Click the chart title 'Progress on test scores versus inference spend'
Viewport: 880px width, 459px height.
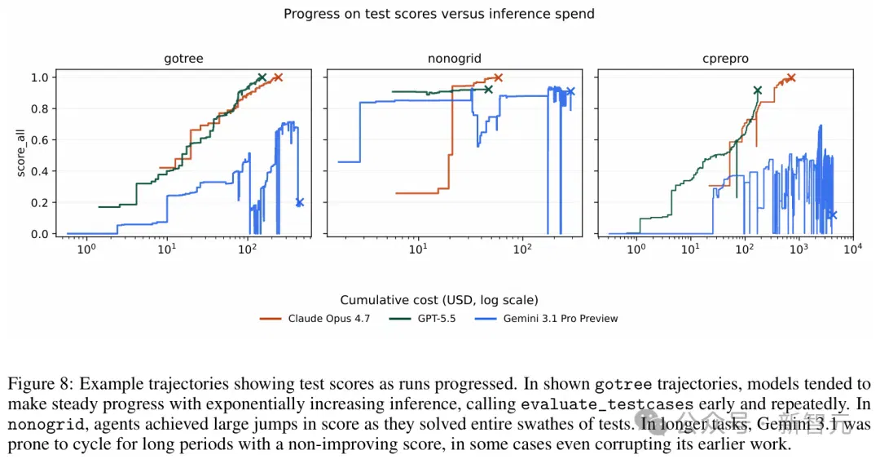click(x=439, y=14)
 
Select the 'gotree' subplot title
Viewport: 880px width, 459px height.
click(x=183, y=59)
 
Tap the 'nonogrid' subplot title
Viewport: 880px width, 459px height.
click(x=455, y=59)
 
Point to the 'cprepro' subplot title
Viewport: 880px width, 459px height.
click(x=726, y=59)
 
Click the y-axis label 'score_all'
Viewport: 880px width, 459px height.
click(x=20, y=153)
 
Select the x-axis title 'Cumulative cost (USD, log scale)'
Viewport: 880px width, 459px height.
click(x=439, y=300)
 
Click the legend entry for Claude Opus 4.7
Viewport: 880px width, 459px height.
click(x=315, y=319)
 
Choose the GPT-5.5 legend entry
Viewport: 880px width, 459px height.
click(x=423, y=319)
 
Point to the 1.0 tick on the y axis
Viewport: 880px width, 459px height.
click(x=39, y=77)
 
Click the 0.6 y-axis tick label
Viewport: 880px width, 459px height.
click(x=39, y=140)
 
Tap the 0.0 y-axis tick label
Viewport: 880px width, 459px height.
click(x=39, y=234)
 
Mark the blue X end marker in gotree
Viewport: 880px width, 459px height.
click(x=299, y=202)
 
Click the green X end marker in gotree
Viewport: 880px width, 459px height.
click(x=262, y=77)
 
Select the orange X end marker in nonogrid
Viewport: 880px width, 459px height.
click(x=498, y=77)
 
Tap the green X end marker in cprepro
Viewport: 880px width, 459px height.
click(x=758, y=90)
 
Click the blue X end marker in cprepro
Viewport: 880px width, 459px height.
click(x=833, y=214)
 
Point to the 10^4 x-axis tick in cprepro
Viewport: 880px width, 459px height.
click(x=852, y=249)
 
